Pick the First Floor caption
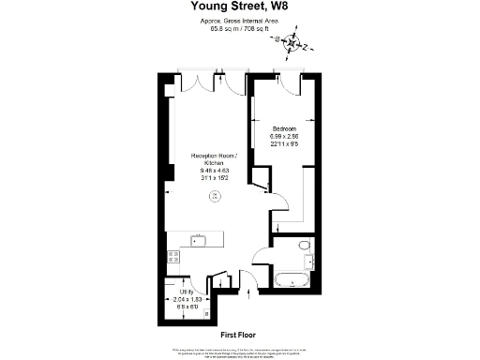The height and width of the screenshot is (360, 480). [x=239, y=335]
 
